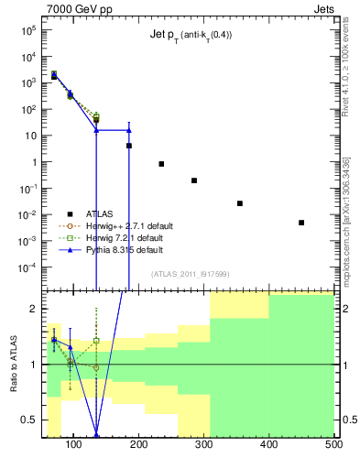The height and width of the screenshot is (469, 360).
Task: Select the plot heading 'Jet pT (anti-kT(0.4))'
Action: coord(191,36)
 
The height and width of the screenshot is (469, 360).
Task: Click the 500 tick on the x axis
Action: coord(333,445)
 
